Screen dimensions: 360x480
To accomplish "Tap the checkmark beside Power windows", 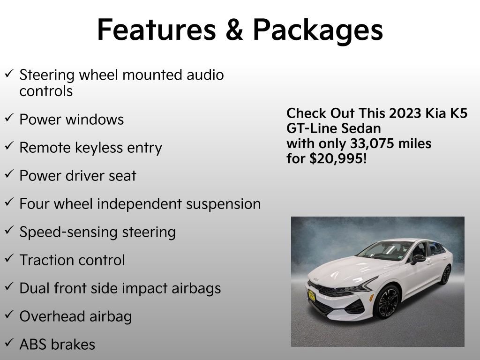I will coord(9,118).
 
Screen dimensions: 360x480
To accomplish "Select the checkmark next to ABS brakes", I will coord(9,344).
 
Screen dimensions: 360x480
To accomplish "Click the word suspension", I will coord(224,204).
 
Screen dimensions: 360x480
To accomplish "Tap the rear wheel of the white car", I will coord(445,275).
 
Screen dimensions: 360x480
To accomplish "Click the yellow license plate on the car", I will coord(312,295).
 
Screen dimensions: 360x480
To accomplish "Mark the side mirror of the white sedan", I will coord(418,258).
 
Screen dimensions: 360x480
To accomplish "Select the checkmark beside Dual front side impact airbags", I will coord(9,287).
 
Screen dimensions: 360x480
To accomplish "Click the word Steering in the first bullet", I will coord(47,75).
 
